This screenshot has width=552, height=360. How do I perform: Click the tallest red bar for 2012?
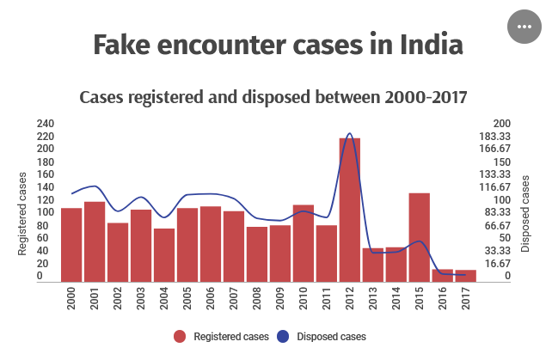(349, 209)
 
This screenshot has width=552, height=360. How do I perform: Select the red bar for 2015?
(419, 236)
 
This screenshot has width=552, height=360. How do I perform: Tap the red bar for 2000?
(71, 244)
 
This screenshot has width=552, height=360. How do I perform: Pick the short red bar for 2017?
(465, 275)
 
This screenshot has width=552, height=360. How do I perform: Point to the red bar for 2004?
(164, 254)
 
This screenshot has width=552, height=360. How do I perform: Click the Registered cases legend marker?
(180, 336)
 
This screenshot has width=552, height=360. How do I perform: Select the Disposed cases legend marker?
(284, 336)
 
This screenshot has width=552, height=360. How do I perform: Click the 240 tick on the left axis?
(46, 124)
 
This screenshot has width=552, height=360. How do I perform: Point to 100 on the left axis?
(46, 212)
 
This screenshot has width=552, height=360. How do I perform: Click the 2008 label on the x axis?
(257, 297)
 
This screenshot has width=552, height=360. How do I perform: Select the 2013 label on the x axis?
(372, 297)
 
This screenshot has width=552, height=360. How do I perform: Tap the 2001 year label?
(95, 297)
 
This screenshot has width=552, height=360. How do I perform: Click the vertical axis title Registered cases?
(23, 213)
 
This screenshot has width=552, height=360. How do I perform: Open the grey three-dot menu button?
(523, 27)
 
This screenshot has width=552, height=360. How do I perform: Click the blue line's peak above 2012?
(349, 134)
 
